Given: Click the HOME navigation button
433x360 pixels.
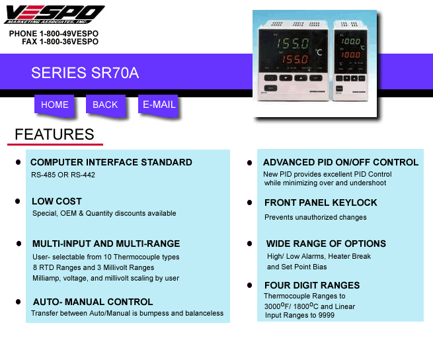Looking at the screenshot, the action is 54,105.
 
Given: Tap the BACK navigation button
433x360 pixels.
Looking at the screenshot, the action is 105,105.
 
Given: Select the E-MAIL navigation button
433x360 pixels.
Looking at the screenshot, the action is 159,105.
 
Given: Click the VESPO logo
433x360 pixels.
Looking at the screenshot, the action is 54,15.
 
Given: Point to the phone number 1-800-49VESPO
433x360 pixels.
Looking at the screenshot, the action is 69,34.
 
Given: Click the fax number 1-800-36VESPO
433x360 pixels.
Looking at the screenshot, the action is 69,42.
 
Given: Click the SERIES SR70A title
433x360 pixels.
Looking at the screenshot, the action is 85,73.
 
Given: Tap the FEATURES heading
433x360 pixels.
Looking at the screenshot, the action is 54,134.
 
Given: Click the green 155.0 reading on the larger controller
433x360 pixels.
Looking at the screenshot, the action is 293,44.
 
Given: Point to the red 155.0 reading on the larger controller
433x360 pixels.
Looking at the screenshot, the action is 294,59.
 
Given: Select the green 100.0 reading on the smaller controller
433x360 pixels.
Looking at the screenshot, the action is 351,42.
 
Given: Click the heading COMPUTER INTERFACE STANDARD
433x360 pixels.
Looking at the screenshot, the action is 111,162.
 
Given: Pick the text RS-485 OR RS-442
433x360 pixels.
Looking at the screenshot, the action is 63,175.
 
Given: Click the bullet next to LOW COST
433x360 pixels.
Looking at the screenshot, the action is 18,201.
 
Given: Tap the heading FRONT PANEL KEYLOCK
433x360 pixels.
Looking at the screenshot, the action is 321,202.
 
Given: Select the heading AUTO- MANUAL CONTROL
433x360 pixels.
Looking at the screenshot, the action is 93,302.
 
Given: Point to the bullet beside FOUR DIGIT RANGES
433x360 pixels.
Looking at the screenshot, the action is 250,285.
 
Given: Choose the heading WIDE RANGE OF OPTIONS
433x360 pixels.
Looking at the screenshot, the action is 326,244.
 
